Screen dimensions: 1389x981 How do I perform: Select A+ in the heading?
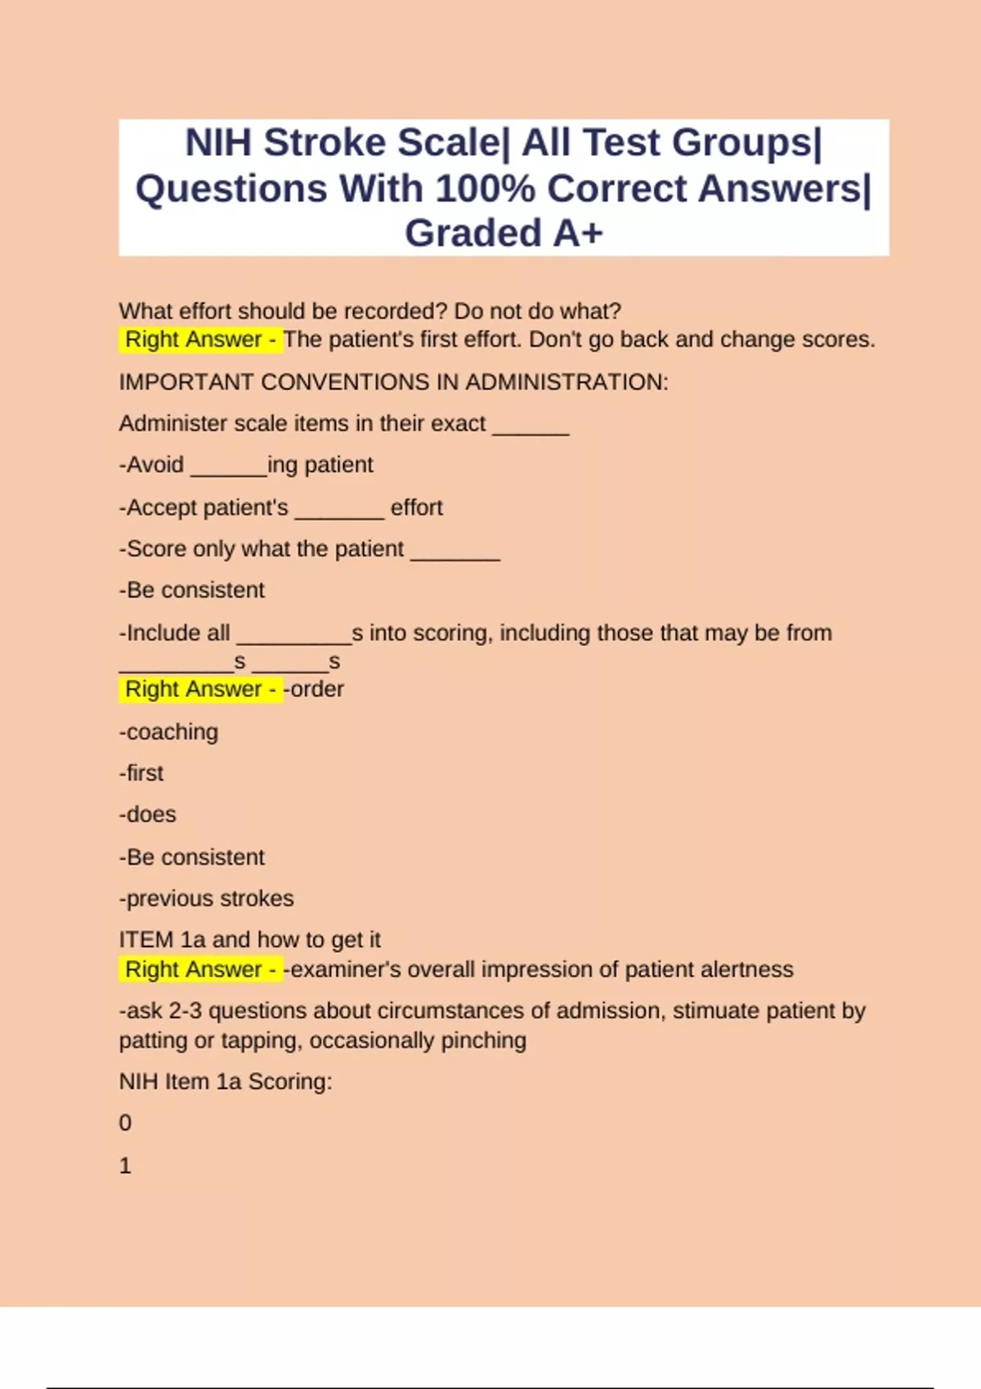tap(578, 234)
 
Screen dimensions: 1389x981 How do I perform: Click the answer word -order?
tap(314, 689)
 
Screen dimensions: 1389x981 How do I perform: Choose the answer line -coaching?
tap(169, 732)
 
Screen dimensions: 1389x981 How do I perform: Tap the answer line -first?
tap(141, 773)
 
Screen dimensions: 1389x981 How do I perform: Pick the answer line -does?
tap(148, 815)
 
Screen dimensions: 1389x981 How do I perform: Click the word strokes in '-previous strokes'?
tap(256, 899)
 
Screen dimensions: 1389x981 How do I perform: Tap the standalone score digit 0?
tap(125, 1123)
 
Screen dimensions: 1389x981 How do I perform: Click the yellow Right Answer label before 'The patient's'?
tap(200, 339)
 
